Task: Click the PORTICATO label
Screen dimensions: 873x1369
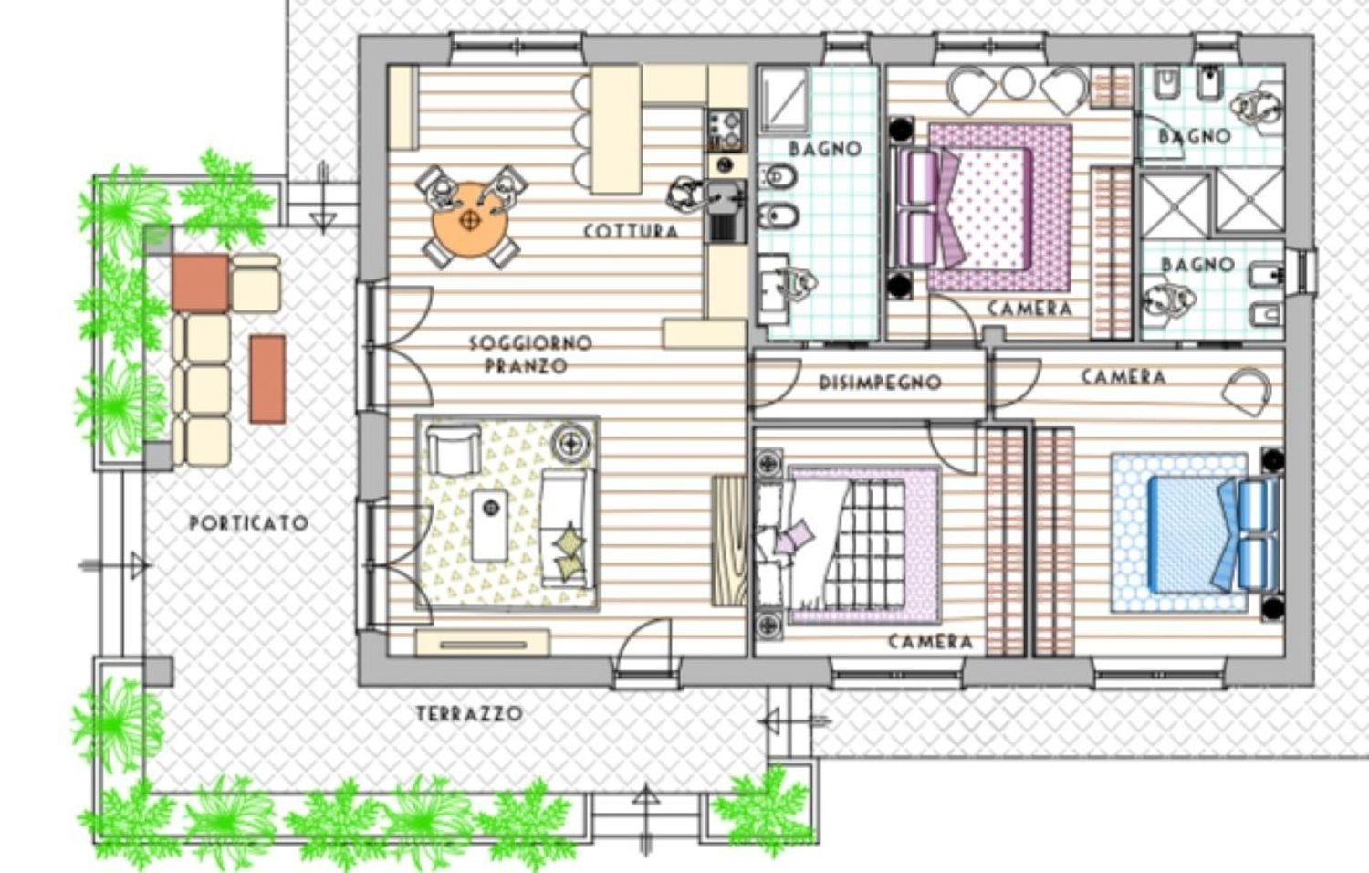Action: [x=248, y=523]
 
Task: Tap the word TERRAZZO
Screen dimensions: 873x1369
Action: [x=469, y=714]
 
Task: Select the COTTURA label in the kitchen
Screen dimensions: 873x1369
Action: [x=631, y=231]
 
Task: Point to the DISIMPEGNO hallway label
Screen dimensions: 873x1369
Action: [x=879, y=383]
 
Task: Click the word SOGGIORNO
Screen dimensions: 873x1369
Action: [x=529, y=343]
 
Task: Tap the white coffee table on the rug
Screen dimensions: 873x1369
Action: [x=490, y=524]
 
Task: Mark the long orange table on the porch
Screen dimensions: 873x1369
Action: [x=267, y=379]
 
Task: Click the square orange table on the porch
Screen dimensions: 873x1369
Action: [x=200, y=283]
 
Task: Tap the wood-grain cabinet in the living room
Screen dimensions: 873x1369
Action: [x=729, y=539]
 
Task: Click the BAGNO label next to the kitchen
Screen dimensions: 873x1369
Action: [x=824, y=148]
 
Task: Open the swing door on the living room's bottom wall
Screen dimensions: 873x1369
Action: [x=645, y=648]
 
